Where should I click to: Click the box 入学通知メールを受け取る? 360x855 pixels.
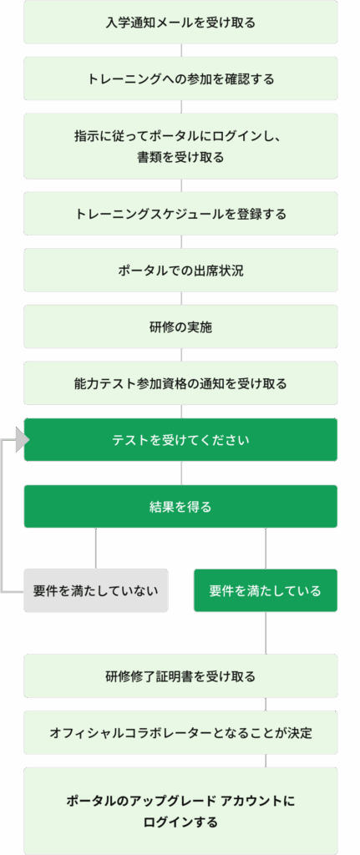180,23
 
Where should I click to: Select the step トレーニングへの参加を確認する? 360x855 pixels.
180,78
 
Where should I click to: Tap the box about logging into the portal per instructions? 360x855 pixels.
180,145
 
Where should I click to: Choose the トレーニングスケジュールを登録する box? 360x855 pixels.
180,214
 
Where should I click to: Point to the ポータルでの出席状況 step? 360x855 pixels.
180,271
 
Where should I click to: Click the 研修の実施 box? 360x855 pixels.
180,327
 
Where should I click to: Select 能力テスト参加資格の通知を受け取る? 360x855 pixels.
180,383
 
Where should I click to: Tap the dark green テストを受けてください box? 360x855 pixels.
180,439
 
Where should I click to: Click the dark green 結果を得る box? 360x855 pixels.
180,507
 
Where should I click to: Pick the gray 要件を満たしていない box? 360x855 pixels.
96,590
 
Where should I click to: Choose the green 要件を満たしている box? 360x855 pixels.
266,590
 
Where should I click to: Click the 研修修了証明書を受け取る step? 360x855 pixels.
180,676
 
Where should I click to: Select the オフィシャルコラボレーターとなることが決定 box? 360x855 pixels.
180,733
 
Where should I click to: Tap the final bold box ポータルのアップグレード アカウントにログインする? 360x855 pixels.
180,811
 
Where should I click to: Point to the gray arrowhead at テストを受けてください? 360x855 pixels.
22,439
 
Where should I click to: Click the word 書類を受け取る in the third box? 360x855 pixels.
180,158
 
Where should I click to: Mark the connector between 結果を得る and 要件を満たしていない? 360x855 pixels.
96,549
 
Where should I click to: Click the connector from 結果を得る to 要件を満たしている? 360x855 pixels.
266,549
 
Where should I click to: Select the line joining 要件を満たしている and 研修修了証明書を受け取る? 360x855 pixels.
266,633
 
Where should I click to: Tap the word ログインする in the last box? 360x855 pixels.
180,822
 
